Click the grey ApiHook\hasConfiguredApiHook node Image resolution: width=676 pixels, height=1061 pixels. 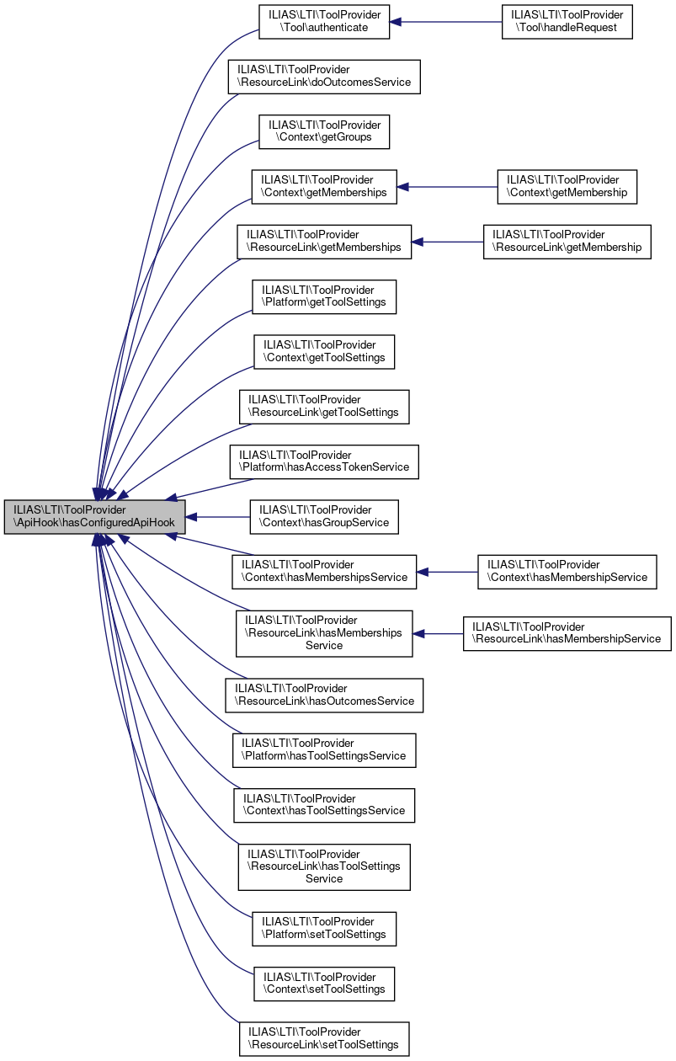click(x=94, y=517)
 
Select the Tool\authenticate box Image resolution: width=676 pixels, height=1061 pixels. click(x=324, y=22)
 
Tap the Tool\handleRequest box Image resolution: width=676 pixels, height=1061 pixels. click(x=567, y=22)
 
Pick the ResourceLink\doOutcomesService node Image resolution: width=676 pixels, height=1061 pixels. click(x=324, y=77)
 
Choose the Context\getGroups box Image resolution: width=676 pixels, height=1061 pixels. click(x=324, y=131)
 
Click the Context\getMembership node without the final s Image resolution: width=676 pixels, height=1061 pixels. click(x=567, y=187)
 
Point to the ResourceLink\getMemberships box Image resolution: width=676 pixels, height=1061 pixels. click(x=324, y=242)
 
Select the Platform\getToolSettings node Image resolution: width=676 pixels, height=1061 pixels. click(x=324, y=297)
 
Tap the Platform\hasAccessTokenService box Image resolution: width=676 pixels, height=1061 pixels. click(x=324, y=461)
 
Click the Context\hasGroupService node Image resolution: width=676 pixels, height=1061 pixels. click(x=324, y=517)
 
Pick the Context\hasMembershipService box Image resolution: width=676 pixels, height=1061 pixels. click(x=567, y=573)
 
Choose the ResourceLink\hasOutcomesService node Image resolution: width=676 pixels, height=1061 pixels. click(x=324, y=696)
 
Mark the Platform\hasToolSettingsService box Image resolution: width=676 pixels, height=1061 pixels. click(x=324, y=750)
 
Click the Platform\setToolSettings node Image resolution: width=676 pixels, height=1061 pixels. click(x=324, y=929)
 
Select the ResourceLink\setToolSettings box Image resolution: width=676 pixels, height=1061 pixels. click(x=324, y=1039)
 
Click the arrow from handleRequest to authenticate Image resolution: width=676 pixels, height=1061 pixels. click(x=445, y=22)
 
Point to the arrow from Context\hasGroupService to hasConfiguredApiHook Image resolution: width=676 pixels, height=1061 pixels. click(x=217, y=517)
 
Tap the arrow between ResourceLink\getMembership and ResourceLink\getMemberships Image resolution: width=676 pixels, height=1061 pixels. click(x=447, y=242)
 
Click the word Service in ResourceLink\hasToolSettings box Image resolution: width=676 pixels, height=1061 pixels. click(x=324, y=878)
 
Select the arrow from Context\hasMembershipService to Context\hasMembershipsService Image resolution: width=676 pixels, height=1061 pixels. click(x=447, y=573)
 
